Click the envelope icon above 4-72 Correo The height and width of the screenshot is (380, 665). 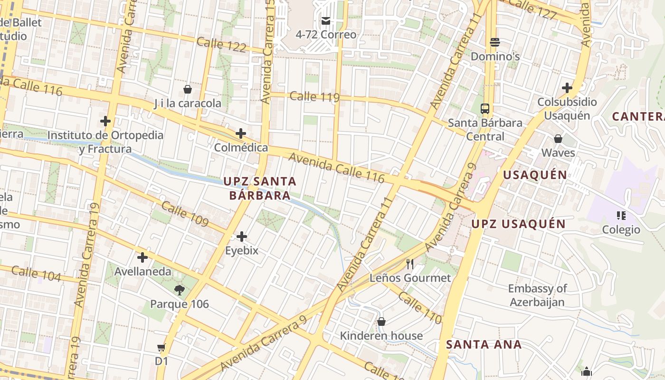(x=326, y=20)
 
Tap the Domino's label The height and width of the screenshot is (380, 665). (x=495, y=57)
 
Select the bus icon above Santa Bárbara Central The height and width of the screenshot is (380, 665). (x=484, y=108)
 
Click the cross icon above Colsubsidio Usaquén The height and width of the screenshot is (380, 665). (x=567, y=88)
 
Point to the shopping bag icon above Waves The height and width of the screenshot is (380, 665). (x=558, y=139)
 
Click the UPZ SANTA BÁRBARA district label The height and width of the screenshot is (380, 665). (x=260, y=188)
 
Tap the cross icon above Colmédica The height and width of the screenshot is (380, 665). (x=241, y=133)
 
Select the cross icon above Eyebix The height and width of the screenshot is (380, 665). (x=242, y=236)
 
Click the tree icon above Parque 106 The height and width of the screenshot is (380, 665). (x=179, y=290)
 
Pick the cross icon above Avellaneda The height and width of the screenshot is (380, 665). (x=142, y=257)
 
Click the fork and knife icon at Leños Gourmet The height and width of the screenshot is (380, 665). (x=410, y=264)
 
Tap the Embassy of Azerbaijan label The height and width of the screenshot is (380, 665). (x=537, y=295)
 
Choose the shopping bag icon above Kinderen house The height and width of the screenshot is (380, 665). (x=381, y=322)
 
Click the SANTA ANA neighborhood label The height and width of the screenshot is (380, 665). (x=484, y=344)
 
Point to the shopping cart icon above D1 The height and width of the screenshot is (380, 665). (x=161, y=348)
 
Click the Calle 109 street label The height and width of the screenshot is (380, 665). (x=185, y=214)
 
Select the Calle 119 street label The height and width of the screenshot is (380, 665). (x=314, y=96)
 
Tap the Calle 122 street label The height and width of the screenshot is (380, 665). (x=221, y=45)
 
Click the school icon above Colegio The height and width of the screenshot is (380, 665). (x=621, y=216)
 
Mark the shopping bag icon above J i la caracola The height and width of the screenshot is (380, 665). (x=188, y=89)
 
